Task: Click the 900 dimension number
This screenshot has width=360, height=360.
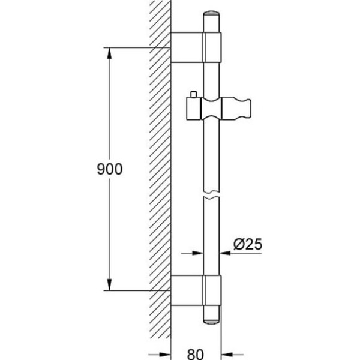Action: [x=110, y=169]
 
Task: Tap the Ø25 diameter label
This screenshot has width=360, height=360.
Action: [x=248, y=244]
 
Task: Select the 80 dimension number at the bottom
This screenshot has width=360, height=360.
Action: [x=196, y=354]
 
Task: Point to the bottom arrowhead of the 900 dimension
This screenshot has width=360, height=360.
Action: [x=110, y=284]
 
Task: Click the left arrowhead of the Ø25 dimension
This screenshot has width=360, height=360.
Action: [x=197, y=253]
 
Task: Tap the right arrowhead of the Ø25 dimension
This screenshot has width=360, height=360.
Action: [x=225, y=253]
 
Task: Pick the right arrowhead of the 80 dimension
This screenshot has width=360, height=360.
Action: [x=226, y=355]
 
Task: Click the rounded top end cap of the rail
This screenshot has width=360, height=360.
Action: [x=211, y=14]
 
